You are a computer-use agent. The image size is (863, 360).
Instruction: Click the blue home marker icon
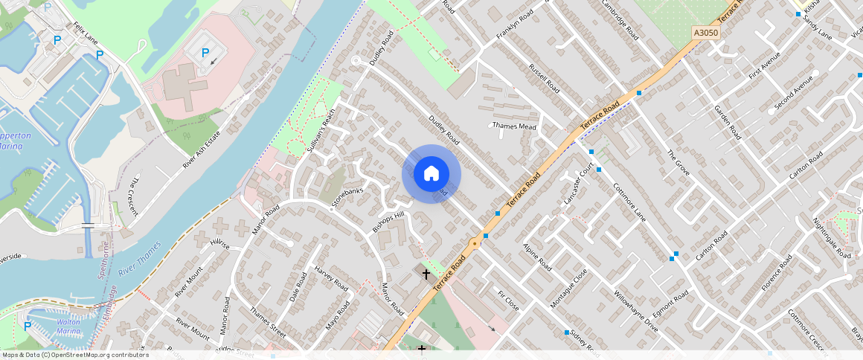pos(431,174)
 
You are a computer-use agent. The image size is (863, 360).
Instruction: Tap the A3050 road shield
pos(705,33)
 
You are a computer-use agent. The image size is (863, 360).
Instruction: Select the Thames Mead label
pos(514,126)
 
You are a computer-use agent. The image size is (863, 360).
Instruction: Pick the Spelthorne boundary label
pos(104,260)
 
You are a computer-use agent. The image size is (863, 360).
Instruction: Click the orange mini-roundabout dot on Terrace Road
pos(474,243)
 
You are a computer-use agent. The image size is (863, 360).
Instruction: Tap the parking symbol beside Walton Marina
pos(28,326)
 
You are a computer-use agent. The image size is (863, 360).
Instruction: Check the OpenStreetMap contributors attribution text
pos(74,355)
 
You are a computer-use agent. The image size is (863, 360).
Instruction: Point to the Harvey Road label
pos(331,278)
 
